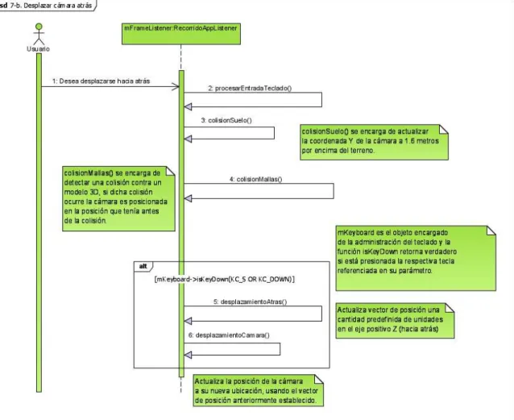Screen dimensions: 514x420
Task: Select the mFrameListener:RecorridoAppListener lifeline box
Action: coord(181,34)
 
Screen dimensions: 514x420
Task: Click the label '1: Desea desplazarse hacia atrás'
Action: coord(101,81)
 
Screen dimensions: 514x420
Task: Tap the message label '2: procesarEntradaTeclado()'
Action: coord(250,88)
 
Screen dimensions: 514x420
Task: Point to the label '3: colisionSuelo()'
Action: coord(226,120)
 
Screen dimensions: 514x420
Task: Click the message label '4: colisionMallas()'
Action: coord(255,179)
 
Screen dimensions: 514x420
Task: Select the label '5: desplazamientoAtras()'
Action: coord(250,301)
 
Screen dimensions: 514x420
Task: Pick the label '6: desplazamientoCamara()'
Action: coord(229,335)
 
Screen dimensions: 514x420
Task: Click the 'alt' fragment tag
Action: coord(143,266)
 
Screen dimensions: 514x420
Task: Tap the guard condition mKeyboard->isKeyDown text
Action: coord(224,280)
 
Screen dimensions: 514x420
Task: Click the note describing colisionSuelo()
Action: coord(374,143)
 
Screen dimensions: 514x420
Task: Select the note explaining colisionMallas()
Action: coord(118,198)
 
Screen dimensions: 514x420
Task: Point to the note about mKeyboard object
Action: coord(416,258)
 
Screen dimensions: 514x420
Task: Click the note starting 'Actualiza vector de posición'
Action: coord(395,321)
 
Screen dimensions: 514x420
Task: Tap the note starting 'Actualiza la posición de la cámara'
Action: coord(259,390)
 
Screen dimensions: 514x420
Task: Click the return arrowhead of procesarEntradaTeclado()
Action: coord(189,106)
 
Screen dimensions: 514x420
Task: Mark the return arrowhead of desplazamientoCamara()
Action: coord(189,355)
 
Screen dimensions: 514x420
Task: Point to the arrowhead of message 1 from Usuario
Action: coord(176,86)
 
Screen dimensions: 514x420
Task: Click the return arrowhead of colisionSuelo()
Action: coord(189,139)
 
